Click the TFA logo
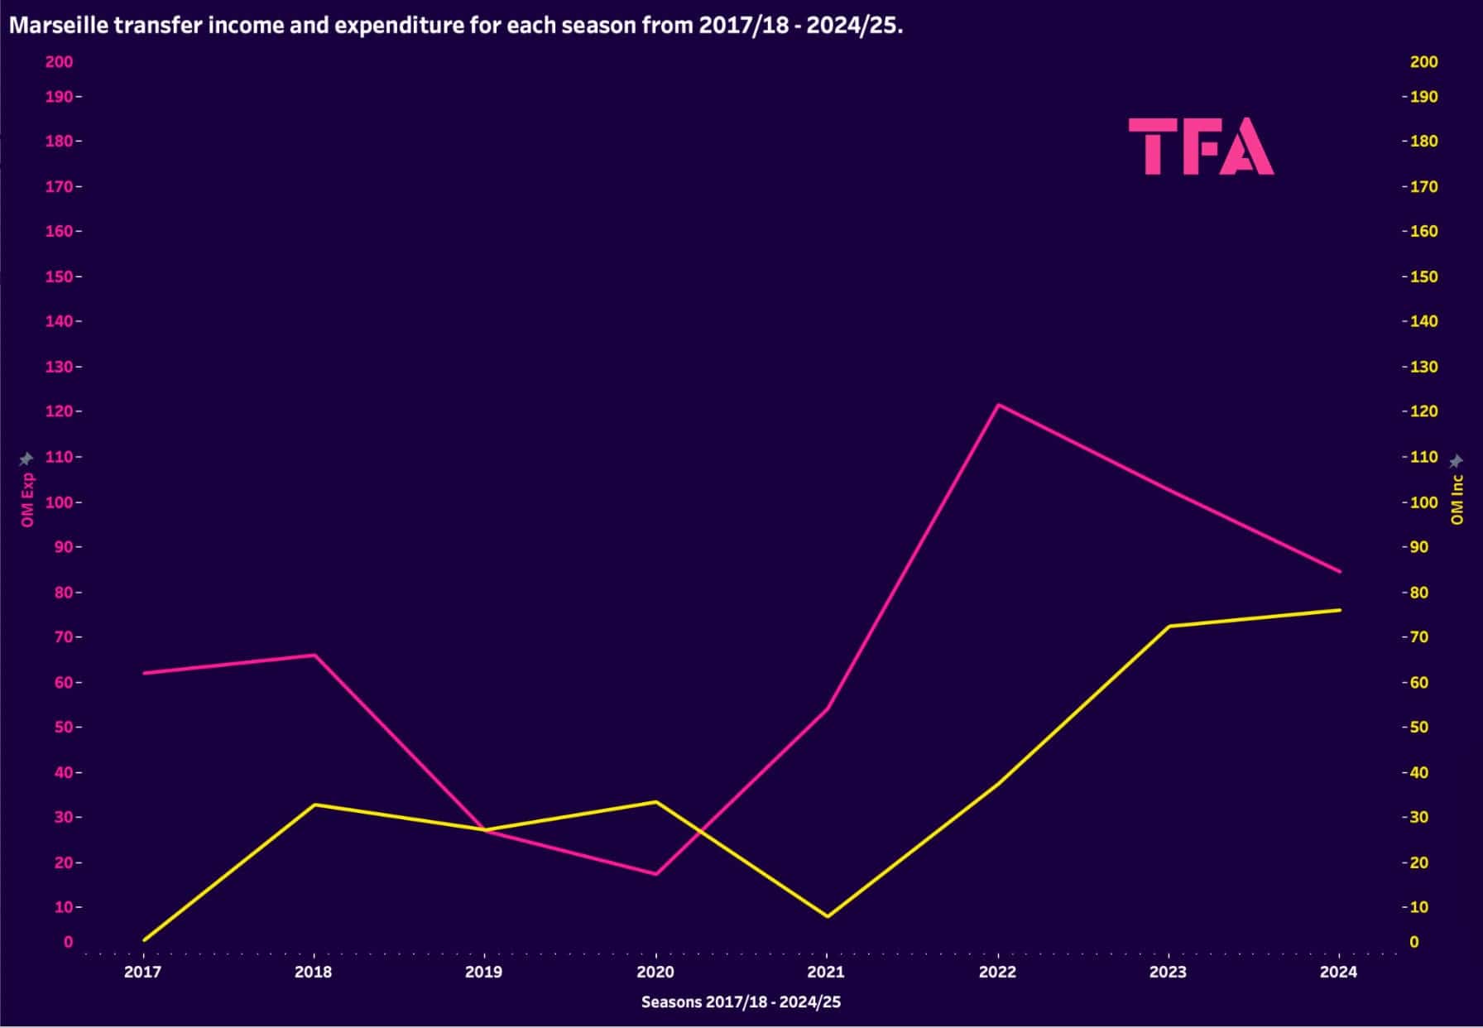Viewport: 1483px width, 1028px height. (1201, 146)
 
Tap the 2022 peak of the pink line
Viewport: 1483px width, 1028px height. (998, 405)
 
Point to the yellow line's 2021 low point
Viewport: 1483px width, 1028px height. (827, 916)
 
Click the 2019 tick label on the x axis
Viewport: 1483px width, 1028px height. (484, 972)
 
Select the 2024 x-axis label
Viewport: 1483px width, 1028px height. (1338, 972)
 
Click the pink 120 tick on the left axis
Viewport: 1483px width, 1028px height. (59, 411)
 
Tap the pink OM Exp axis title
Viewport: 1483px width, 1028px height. (27, 500)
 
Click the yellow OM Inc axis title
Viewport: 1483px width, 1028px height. (1457, 500)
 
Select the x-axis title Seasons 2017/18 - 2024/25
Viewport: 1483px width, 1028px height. (741, 1002)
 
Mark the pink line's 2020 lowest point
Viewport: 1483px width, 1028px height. (656, 874)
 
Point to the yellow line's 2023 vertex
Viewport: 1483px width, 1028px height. (1169, 627)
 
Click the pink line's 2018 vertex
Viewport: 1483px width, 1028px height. (314, 655)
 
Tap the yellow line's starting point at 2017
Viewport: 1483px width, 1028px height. (145, 940)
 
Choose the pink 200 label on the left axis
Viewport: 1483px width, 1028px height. (59, 62)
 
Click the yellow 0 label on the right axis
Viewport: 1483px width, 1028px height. (1413, 942)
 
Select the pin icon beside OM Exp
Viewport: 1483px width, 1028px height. (26, 459)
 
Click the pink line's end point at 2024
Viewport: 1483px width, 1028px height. (1339, 572)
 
